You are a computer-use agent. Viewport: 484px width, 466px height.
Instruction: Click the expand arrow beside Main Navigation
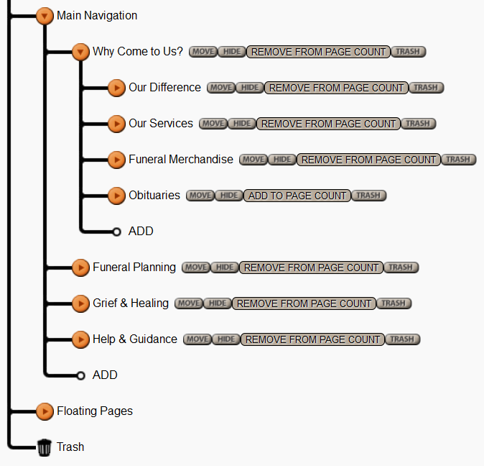point(45,16)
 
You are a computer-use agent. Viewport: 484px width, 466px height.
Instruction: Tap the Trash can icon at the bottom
point(45,447)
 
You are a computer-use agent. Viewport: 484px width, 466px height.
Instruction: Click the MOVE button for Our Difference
point(221,88)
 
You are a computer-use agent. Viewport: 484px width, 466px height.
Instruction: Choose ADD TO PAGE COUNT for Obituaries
point(297,196)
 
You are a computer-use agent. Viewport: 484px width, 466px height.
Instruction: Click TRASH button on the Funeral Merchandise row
point(458,160)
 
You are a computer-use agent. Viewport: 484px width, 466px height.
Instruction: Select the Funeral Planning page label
point(134,268)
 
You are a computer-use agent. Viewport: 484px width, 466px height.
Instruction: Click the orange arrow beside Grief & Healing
point(80,303)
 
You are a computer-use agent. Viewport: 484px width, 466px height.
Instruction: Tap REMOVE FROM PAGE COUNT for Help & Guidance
point(313,339)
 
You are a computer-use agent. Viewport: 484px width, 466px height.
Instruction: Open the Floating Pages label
point(95,411)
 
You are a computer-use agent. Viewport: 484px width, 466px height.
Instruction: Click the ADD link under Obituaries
point(141,232)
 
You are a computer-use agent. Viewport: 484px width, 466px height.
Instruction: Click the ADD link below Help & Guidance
point(105,375)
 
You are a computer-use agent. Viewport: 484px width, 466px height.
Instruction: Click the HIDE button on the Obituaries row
point(229,196)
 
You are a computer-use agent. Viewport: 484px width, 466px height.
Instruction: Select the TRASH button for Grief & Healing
point(394,303)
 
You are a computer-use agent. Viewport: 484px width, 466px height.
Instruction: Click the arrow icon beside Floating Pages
point(45,411)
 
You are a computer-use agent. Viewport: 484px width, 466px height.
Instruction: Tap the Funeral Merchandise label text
point(181,160)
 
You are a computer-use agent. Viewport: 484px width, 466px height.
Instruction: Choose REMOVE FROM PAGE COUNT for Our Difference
point(337,88)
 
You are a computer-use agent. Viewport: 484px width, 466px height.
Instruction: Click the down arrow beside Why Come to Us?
point(80,52)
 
